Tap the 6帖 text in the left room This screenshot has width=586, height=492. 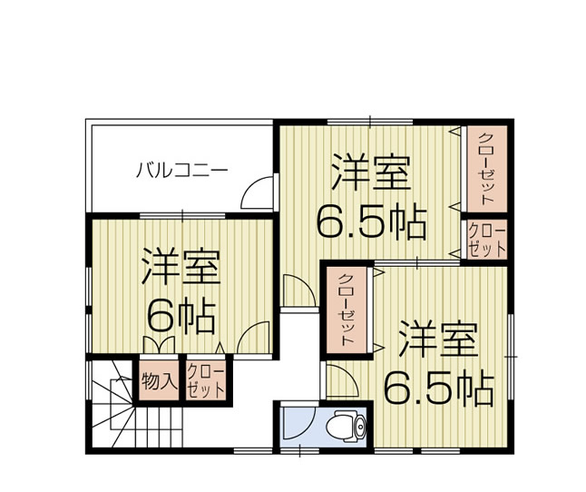(181, 315)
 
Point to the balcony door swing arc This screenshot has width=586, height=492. (258, 192)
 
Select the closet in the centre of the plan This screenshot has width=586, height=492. (346, 308)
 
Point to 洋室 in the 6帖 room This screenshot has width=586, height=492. (181, 269)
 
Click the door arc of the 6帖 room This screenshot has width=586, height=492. (245, 338)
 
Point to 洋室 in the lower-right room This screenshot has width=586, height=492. (437, 339)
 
